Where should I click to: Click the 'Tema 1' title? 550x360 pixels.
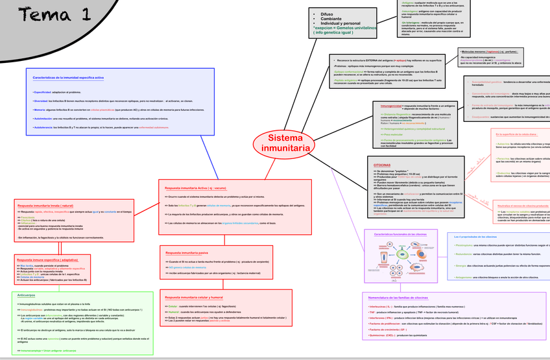tap(54, 14)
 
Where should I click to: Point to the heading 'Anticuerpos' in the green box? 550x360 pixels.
tap(27, 295)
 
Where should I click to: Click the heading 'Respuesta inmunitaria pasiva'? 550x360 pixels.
tap(187, 252)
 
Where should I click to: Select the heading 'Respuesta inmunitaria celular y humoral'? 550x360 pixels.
tap(195, 296)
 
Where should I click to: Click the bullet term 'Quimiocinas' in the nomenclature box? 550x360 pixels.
tap(380, 335)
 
